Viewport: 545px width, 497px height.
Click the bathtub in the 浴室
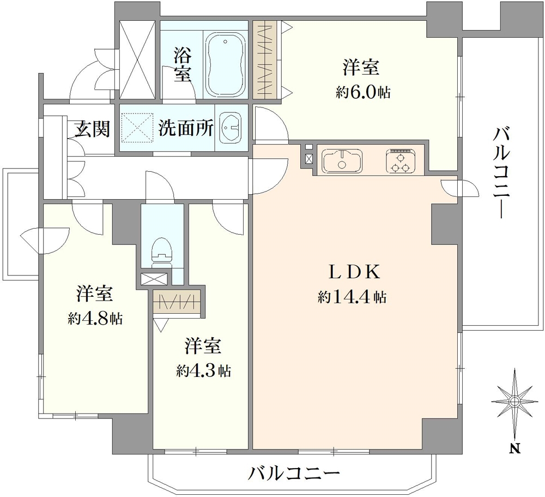226,60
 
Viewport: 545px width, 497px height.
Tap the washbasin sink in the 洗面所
232,129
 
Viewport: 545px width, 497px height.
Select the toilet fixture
162,251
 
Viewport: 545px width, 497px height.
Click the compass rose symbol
514,402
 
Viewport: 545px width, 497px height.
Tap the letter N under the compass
514,449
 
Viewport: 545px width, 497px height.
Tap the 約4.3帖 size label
203,371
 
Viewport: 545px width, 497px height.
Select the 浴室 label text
183,64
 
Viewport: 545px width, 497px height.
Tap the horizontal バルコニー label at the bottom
294,473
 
